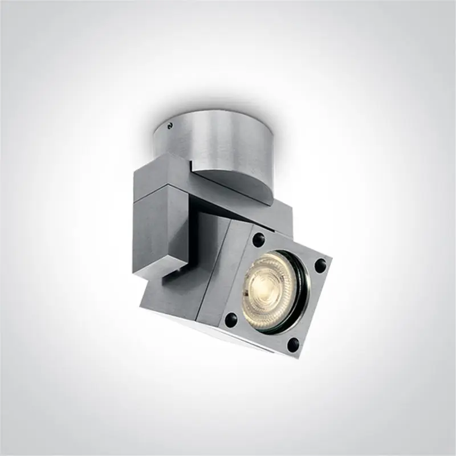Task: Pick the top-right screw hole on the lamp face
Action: pyautogui.click(x=320, y=264)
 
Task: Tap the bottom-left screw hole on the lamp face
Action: pyautogui.click(x=232, y=318)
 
